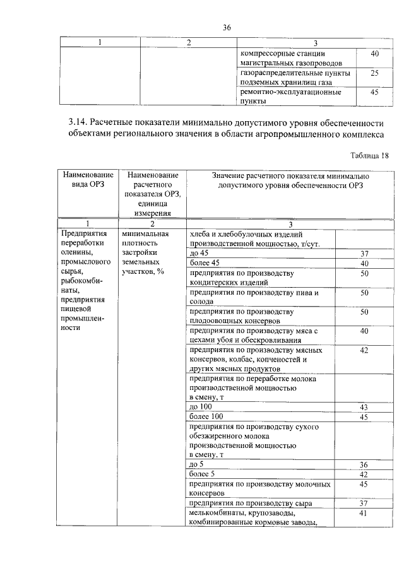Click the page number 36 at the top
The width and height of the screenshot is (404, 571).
(x=227, y=27)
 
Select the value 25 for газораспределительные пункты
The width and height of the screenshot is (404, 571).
(x=374, y=74)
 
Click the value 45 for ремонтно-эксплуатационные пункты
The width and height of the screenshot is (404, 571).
(x=374, y=92)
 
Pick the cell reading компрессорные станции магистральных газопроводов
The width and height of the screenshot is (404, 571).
(x=292, y=59)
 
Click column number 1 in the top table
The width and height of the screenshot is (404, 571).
(x=99, y=42)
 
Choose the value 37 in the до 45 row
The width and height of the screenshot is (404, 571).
(x=364, y=253)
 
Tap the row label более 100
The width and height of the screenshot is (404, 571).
(x=206, y=417)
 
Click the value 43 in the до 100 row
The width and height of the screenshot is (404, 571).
(x=364, y=408)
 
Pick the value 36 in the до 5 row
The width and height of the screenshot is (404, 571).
(x=364, y=464)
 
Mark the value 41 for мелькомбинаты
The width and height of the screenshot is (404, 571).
(x=364, y=514)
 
